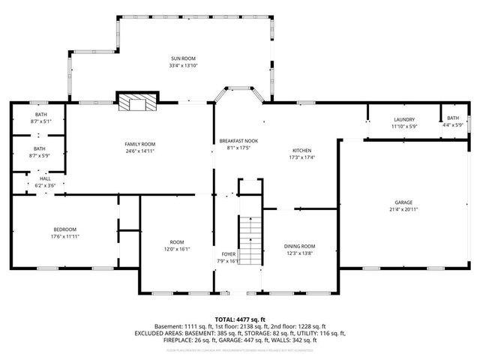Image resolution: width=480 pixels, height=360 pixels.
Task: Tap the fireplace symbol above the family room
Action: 137,102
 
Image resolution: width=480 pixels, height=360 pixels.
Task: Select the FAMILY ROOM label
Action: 139,144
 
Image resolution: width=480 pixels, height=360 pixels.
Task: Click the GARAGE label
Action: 403,202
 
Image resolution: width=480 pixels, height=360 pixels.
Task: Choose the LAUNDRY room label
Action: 404,120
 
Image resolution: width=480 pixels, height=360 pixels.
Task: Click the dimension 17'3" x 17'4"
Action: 302,157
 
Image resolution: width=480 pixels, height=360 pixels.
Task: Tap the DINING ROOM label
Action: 299,246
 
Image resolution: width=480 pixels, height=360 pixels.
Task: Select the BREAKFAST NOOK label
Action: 238,141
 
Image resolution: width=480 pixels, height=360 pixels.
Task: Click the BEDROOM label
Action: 64,229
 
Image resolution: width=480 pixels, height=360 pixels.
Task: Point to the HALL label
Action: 34,178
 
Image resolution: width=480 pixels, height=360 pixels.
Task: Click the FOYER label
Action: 228,254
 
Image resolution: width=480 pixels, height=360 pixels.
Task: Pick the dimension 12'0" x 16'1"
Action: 177,249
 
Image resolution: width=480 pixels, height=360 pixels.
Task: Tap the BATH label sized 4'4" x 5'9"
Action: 453,118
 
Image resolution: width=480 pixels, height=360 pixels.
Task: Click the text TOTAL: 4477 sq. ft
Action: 239,319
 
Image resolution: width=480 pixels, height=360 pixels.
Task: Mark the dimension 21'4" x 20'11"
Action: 403,209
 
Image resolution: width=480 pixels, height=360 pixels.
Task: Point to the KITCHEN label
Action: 302,150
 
